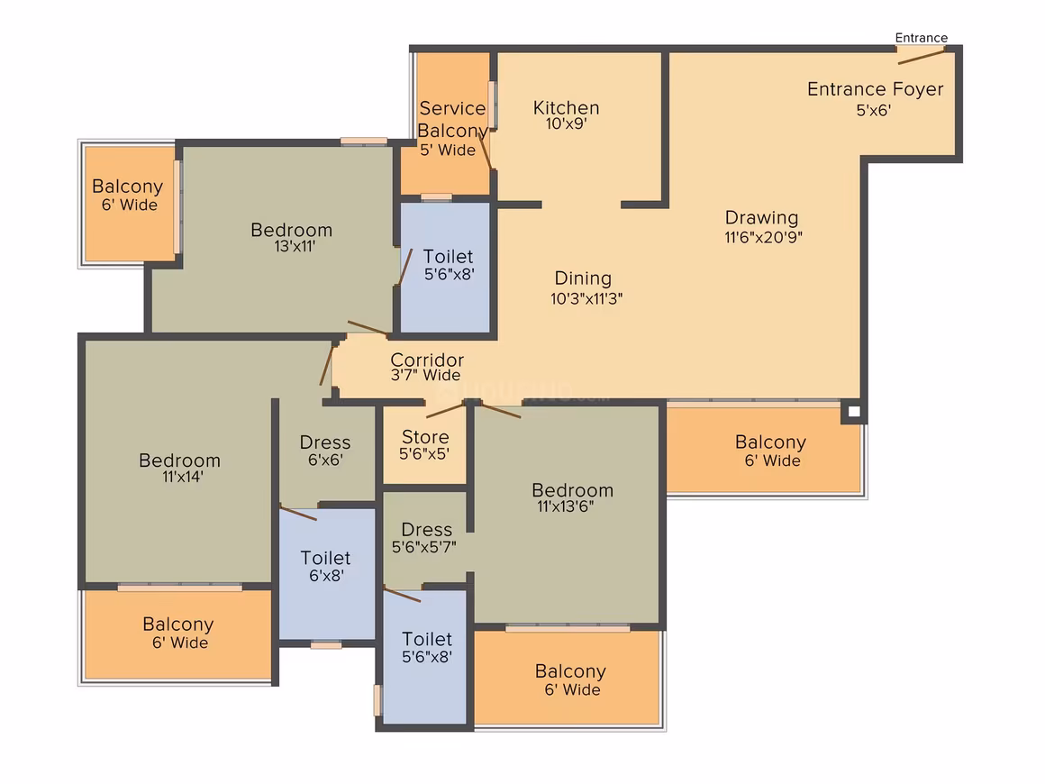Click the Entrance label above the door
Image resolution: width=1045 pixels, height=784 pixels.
[x=921, y=38]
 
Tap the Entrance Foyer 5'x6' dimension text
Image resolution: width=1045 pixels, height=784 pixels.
[x=874, y=111]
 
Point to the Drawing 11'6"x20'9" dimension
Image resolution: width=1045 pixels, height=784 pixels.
[x=764, y=237]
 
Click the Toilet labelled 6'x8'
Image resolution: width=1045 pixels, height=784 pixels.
[x=325, y=566]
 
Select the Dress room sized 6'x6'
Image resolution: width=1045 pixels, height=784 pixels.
[x=325, y=451]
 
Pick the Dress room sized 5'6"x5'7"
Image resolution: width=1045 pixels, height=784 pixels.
[x=425, y=538]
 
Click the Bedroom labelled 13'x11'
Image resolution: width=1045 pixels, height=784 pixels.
[x=292, y=237]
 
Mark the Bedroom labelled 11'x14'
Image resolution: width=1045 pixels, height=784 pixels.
[x=180, y=468]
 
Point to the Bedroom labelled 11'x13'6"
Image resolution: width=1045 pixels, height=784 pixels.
[x=572, y=497]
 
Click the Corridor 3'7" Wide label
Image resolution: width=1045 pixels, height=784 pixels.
[x=426, y=367]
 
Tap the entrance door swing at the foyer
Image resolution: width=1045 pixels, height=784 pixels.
[x=921, y=56]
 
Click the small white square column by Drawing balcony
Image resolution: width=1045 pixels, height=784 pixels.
[x=854, y=411]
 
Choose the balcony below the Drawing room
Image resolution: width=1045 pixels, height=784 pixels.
[x=763, y=450]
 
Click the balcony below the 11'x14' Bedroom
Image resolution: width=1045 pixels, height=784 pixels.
[x=178, y=634]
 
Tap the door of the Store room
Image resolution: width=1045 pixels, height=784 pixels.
[x=445, y=410]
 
